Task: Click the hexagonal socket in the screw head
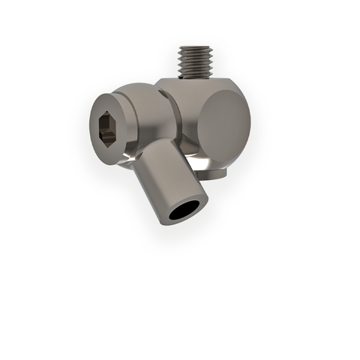pyautogui.click(x=108, y=127)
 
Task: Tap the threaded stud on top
pyautogui.click(x=195, y=62)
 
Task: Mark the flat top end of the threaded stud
pyautogui.click(x=195, y=48)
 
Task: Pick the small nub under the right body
pyautogui.click(x=213, y=174)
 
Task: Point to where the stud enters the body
pyautogui.click(x=195, y=76)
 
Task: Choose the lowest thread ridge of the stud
pyautogui.click(x=195, y=73)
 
